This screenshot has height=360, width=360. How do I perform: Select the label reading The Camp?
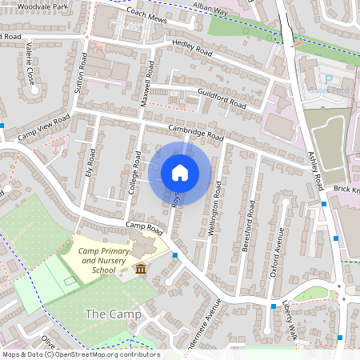click(113, 314)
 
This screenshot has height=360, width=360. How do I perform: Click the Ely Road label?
click(90, 162)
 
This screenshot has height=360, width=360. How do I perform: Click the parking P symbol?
click(328, 80)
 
